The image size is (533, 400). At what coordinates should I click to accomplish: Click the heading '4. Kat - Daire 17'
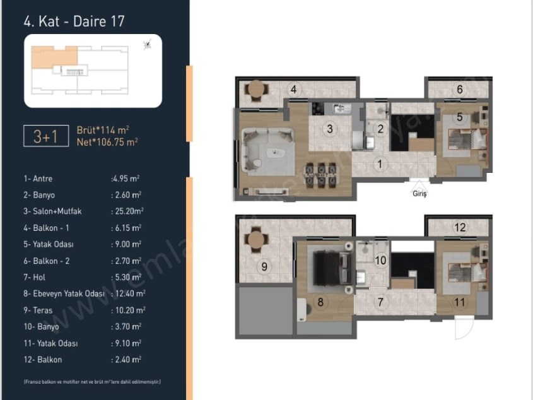tap(74, 21)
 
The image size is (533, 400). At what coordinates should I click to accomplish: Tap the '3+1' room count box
tap(45, 136)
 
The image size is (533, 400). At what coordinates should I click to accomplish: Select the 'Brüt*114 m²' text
tap(103, 129)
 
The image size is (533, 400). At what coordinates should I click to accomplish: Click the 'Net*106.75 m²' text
tap(107, 142)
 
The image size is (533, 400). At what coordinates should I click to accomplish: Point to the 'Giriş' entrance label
tap(419, 194)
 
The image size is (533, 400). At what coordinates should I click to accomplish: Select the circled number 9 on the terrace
tap(264, 266)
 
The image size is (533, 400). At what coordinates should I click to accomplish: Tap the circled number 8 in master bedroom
tap(320, 302)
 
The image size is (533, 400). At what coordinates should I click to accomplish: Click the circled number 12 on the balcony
tap(460, 228)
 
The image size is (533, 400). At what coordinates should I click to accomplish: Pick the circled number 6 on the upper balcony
tap(460, 90)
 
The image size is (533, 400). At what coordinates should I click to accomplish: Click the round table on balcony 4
tap(255, 91)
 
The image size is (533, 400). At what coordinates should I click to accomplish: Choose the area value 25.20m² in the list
tap(128, 211)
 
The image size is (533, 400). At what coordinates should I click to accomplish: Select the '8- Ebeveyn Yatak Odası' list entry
tap(63, 293)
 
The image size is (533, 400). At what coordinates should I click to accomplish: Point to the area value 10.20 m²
tap(128, 310)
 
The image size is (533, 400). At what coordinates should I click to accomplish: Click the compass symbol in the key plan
tap(148, 44)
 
